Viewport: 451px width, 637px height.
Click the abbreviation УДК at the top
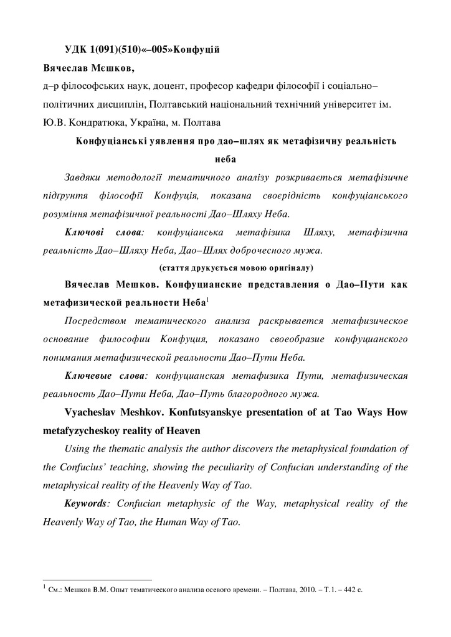coord(76,50)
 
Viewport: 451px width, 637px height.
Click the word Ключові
coord(85,232)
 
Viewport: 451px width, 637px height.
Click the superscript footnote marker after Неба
coord(207,301)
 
